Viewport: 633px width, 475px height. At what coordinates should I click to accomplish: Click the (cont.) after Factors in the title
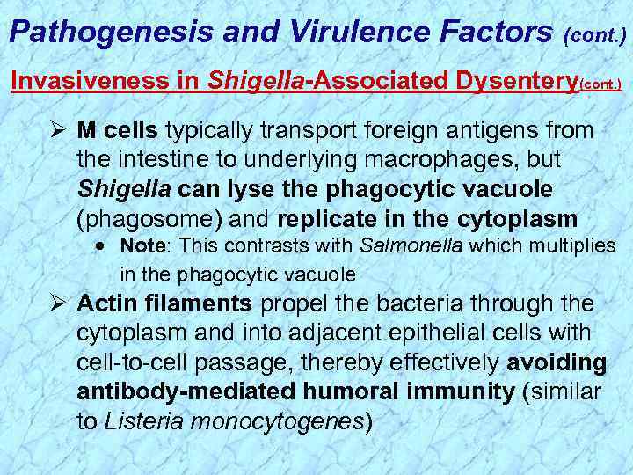pyautogui.click(x=596, y=37)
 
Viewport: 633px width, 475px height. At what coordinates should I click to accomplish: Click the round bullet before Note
pyautogui.click(x=102, y=245)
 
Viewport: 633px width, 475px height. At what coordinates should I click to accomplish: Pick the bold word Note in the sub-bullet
pyautogui.click(x=138, y=245)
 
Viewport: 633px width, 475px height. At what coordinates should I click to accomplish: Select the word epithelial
pyautogui.click(x=400, y=334)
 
